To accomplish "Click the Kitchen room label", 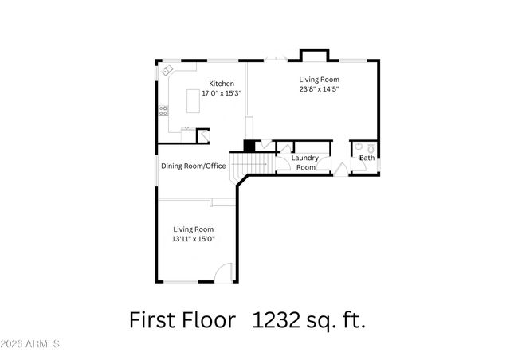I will click(222, 84).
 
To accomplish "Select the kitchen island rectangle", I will click(193, 101).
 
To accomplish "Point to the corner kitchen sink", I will click(167, 71).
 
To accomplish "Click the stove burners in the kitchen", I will click(163, 111).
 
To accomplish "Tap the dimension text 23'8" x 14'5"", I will click(320, 89).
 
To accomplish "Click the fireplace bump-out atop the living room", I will click(312, 55).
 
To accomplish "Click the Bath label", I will click(367, 158).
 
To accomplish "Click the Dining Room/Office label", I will click(194, 166).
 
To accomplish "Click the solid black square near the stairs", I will click(249, 146).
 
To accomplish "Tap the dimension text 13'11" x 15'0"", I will click(194, 238).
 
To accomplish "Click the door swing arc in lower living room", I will click(225, 271).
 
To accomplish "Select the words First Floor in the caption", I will click(182, 320).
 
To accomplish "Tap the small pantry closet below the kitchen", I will click(202, 135).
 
